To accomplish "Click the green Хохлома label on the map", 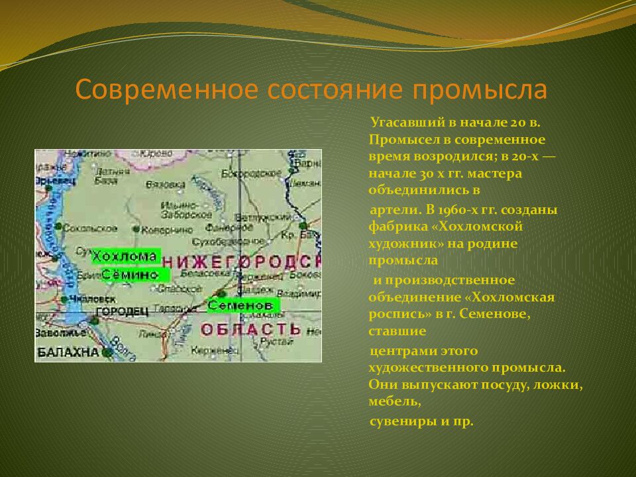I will click(x=125, y=256).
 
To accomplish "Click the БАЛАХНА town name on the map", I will click(x=68, y=352).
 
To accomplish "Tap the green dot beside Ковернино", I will click(x=136, y=229).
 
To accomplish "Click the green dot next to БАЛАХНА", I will click(x=106, y=352).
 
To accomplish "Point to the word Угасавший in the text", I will click(x=401, y=123).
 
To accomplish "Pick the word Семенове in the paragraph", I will click(x=501, y=314).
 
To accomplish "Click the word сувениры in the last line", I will click(x=398, y=421).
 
